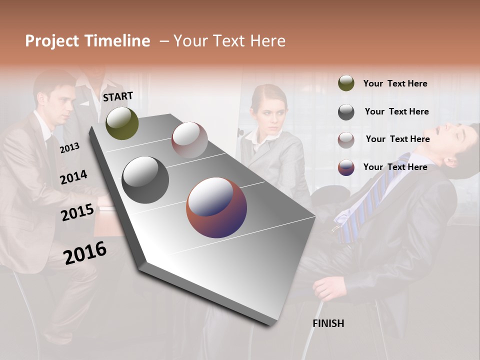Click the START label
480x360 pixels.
pos(118,96)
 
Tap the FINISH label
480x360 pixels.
pos(328,323)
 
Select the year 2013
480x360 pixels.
pos(69,147)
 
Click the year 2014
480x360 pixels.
pos(73,177)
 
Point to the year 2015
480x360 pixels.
pos(77,212)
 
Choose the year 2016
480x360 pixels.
pos(85,252)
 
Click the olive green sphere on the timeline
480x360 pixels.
pos(122,123)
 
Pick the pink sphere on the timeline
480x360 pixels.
pos(189,140)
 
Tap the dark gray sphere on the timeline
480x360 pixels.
pos(145,180)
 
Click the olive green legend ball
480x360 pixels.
pos(346,83)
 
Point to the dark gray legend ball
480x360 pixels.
pos(346,112)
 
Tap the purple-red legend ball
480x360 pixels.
pos(346,167)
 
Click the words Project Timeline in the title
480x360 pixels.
pos(87,41)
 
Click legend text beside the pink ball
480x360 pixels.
pos(397,139)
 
